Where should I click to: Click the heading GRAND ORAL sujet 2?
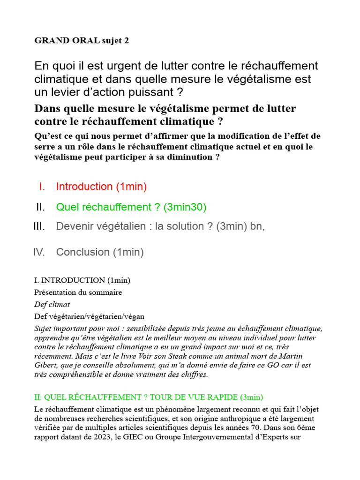click(x=81, y=41)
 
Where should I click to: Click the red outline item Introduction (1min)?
click(x=101, y=187)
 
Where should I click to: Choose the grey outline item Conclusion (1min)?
click(x=100, y=252)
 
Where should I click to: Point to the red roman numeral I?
click(x=42, y=187)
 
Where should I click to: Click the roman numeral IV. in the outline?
click(x=39, y=252)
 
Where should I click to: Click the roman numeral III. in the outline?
click(x=39, y=226)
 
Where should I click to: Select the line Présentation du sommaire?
click(x=78, y=292)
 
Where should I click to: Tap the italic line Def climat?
click(x=52, y=304)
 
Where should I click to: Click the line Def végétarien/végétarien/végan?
click(x=89, y=316)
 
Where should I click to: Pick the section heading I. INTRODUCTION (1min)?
click(x=82, y=280)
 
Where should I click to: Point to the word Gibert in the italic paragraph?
click(x=45, y=365)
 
